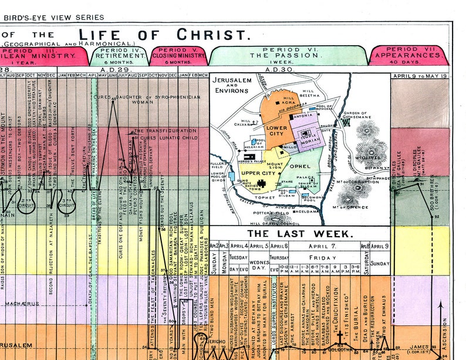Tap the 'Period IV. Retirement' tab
click(119, 56)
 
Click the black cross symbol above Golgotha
click(339, 338)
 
